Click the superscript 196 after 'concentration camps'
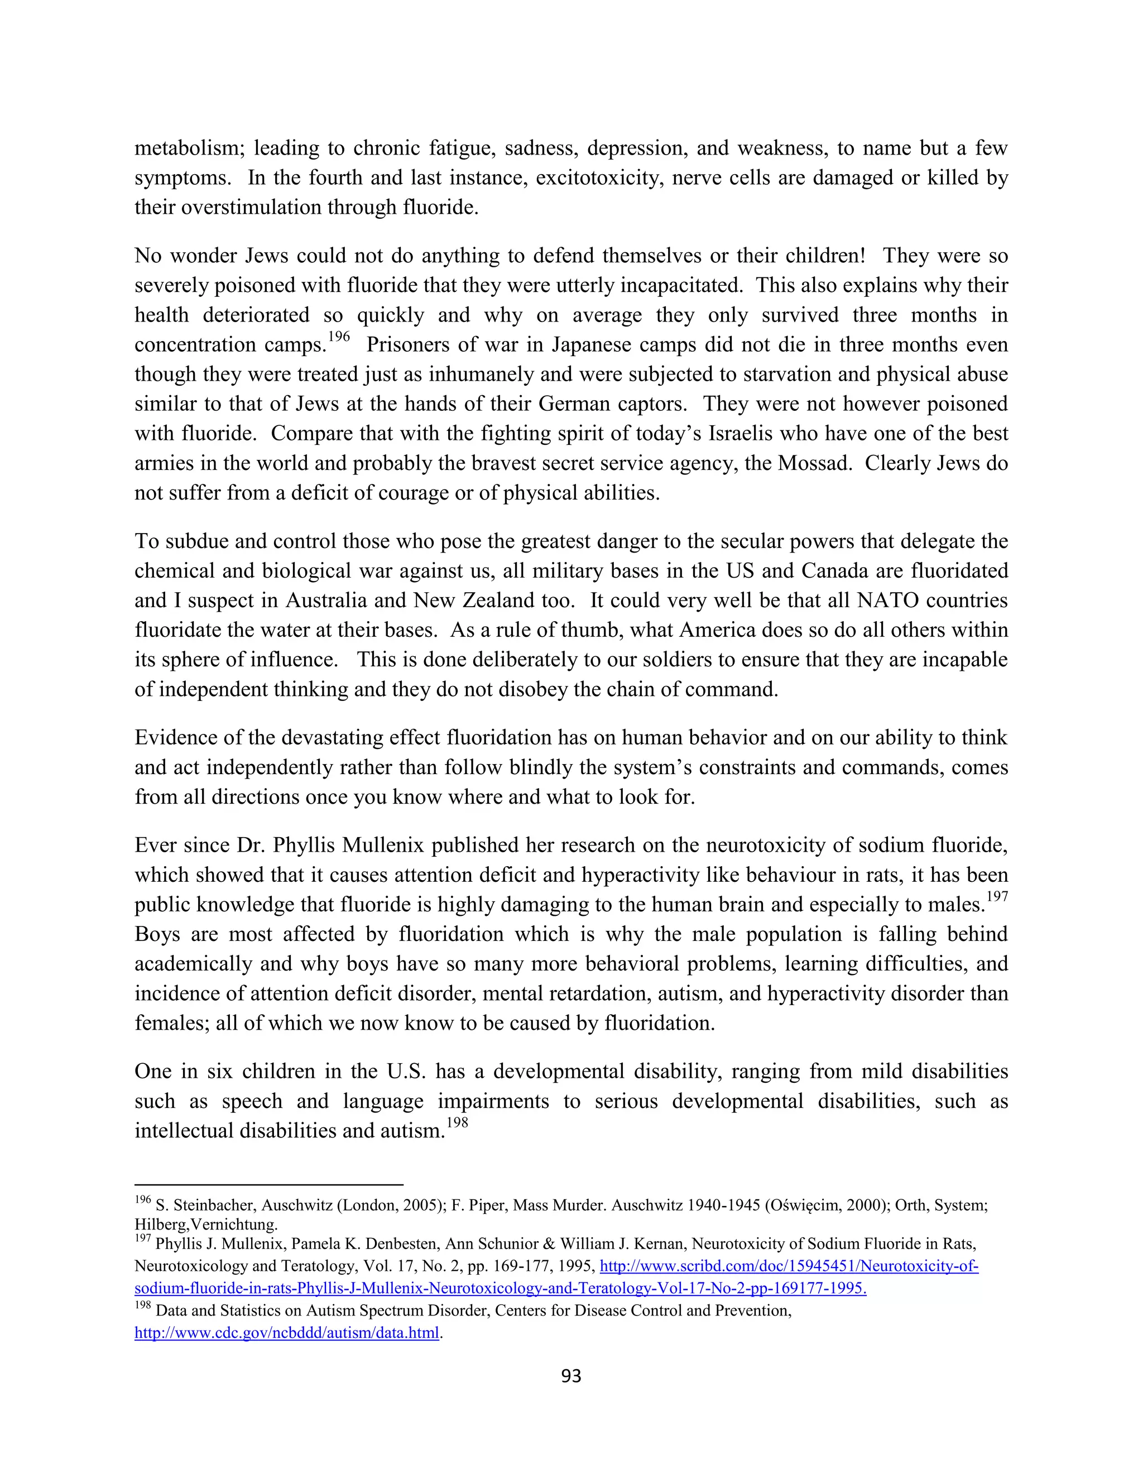tap(339, 337)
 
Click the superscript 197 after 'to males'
tap(997, 897)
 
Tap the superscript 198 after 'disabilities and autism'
tap(457, 1123)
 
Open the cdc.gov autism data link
tap(286, 1333)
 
